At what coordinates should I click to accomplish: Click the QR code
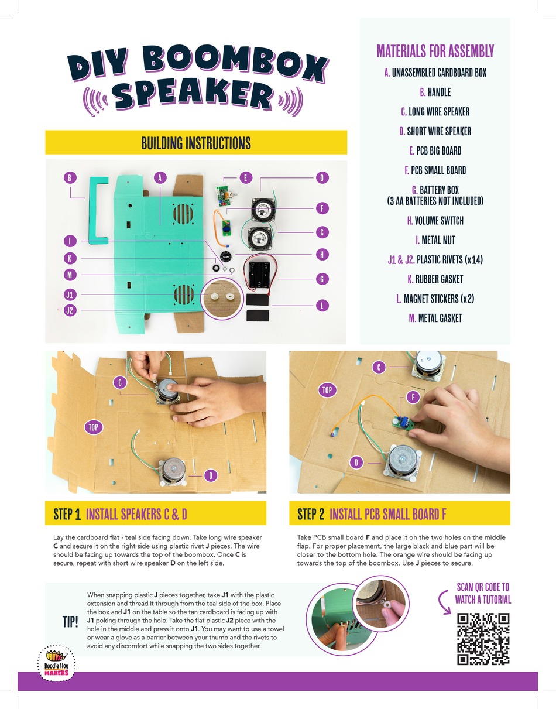[483, 639]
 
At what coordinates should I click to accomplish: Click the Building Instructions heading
[196, 143]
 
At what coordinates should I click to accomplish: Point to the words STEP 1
[67, 514]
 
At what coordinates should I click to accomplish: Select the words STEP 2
[311, 514]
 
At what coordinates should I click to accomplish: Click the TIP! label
[70, 621]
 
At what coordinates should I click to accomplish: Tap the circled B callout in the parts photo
[70, 178]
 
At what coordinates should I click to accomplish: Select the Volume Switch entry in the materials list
[435, 221]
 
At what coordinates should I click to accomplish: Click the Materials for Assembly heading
[435, 51]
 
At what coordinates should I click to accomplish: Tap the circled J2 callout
[70, 310]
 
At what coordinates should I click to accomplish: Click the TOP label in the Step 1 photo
[93, 427]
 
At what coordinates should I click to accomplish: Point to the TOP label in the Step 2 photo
[327, 390]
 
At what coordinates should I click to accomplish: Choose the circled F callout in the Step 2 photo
[413, 398]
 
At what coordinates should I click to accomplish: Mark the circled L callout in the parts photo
[321, 305]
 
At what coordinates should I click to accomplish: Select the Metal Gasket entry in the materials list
[435, 318]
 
